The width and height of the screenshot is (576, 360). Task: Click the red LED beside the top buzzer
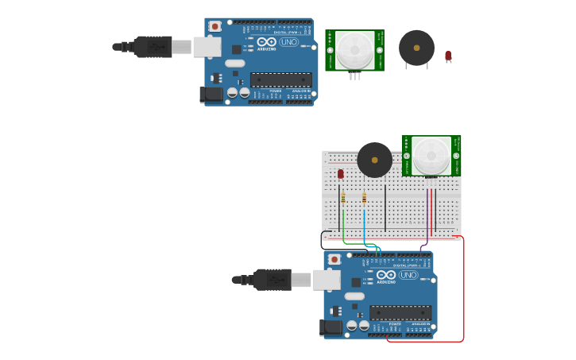[x=448, y=55]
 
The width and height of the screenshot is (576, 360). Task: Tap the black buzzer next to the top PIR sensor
[x=416, y=48]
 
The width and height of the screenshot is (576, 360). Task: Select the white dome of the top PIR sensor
[x=354, y=50]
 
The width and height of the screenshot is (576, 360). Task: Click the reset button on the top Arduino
[x=215, y=26]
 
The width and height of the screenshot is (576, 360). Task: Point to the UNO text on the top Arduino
[x=288, y=42]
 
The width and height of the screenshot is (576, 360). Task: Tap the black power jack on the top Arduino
[x=211, y=95]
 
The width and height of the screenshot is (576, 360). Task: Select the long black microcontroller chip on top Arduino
[x=280, y=79]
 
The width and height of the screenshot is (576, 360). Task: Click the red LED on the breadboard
[x=341, y=173]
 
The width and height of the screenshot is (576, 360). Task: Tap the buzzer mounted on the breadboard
[x=374, y=160]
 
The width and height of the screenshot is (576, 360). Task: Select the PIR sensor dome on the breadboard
[x=431, y=155]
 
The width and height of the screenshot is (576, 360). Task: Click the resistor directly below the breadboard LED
[x=343, y=197]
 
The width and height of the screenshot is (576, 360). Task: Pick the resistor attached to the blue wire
[x=364, y=197]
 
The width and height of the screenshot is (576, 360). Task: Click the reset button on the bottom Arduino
[x=334, y=259]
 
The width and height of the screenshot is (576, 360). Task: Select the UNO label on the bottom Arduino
[x=408, y=275]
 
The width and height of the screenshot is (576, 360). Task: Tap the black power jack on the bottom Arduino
[x=331, y=327]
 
